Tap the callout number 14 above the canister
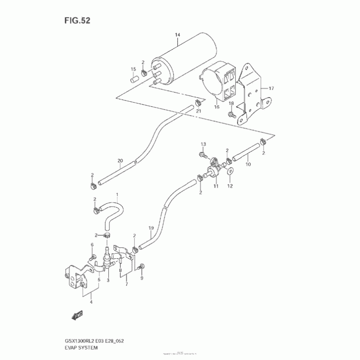point(177,35)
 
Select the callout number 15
point(133,69)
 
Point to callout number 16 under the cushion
point(216,107)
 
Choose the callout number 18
point(231,103)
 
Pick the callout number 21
point(198,111)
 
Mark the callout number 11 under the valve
point(216,185)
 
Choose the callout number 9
point(141,278)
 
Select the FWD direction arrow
point(77,315)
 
